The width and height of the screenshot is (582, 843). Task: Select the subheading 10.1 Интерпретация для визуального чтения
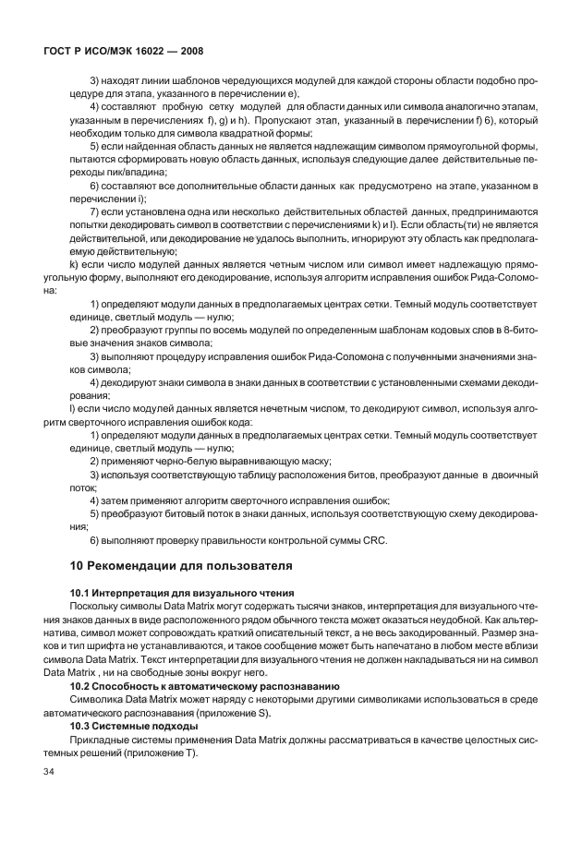(182, 593)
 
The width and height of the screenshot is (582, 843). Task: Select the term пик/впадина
(138, 173)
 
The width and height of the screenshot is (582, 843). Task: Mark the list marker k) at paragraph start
(74, 264)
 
